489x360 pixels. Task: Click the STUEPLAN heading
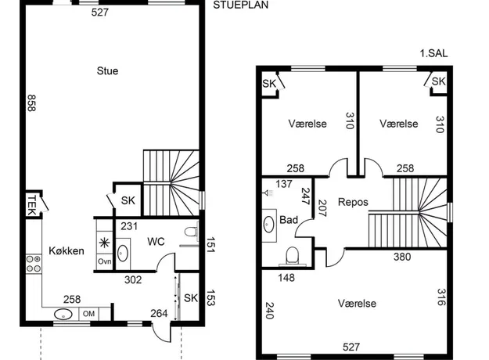tap(240, 5)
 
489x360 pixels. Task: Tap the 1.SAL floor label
tap(433, 53)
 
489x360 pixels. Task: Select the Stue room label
tap(108, 70)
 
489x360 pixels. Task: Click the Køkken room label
tap(67, 250)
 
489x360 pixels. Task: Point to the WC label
tap(156, 242)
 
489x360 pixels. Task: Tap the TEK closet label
tap(31, 205)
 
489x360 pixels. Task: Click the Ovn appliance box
tap(105, 261)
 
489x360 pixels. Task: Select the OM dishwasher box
tap(88, 314)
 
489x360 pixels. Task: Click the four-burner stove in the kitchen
tap(34, 264)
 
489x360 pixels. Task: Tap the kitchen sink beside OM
tap(63, 315)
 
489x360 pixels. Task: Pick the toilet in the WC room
tap(191, 232)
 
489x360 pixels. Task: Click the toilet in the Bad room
tap(292, 255)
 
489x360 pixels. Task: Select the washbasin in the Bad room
tap(268, 224)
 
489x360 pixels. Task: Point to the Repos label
tap(353, 202)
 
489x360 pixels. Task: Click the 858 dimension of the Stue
tap(31, 103)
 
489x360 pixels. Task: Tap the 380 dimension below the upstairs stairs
tap(402, 257)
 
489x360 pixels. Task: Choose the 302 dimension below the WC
tap(133, 280)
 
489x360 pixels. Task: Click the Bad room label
tap(289, 220)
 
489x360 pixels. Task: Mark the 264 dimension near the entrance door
tap(159, 313)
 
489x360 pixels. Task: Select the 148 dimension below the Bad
tap(286, 278)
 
